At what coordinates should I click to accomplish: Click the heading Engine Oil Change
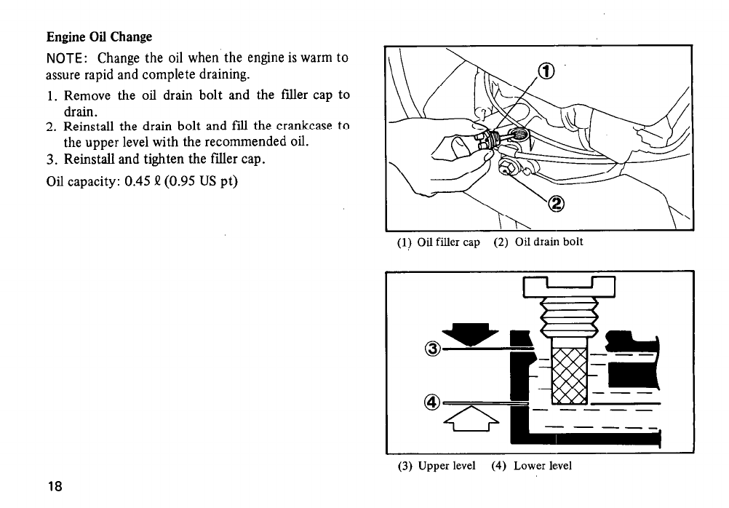100,36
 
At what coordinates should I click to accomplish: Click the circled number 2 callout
557,205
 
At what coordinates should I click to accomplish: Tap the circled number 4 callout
433,401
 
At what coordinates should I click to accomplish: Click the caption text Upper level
447,466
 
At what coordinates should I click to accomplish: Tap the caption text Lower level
542,466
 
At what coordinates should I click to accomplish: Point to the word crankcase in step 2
298,127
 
